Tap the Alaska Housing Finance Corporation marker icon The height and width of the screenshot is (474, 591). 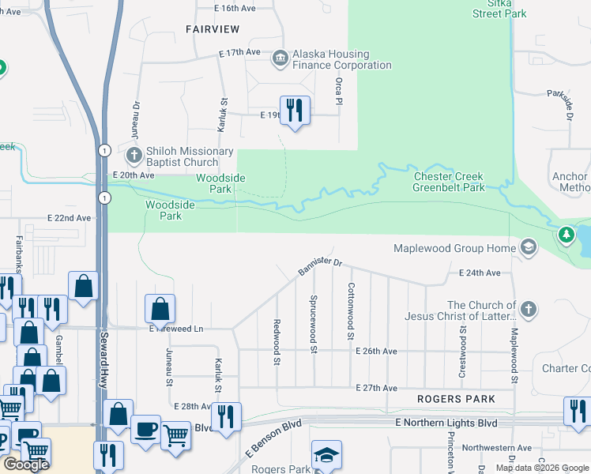click(x=280, y=59)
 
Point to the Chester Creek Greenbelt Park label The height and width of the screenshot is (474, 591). click(x=449, y=182)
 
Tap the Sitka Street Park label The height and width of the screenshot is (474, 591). click(x=499, y=9)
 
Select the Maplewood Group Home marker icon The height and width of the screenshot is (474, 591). click(x=528, y=249)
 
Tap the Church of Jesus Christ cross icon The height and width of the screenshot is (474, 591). click(x=528, y=310)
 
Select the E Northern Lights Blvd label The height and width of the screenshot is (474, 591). click(x=446, y=423)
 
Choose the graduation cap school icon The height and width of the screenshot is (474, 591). click(x=326, y=455)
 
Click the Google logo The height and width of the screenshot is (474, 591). click(x=26, y=465)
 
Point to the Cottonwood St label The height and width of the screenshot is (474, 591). click(x=350, y=312)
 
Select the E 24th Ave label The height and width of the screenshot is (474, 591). click(x=480, y=273)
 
